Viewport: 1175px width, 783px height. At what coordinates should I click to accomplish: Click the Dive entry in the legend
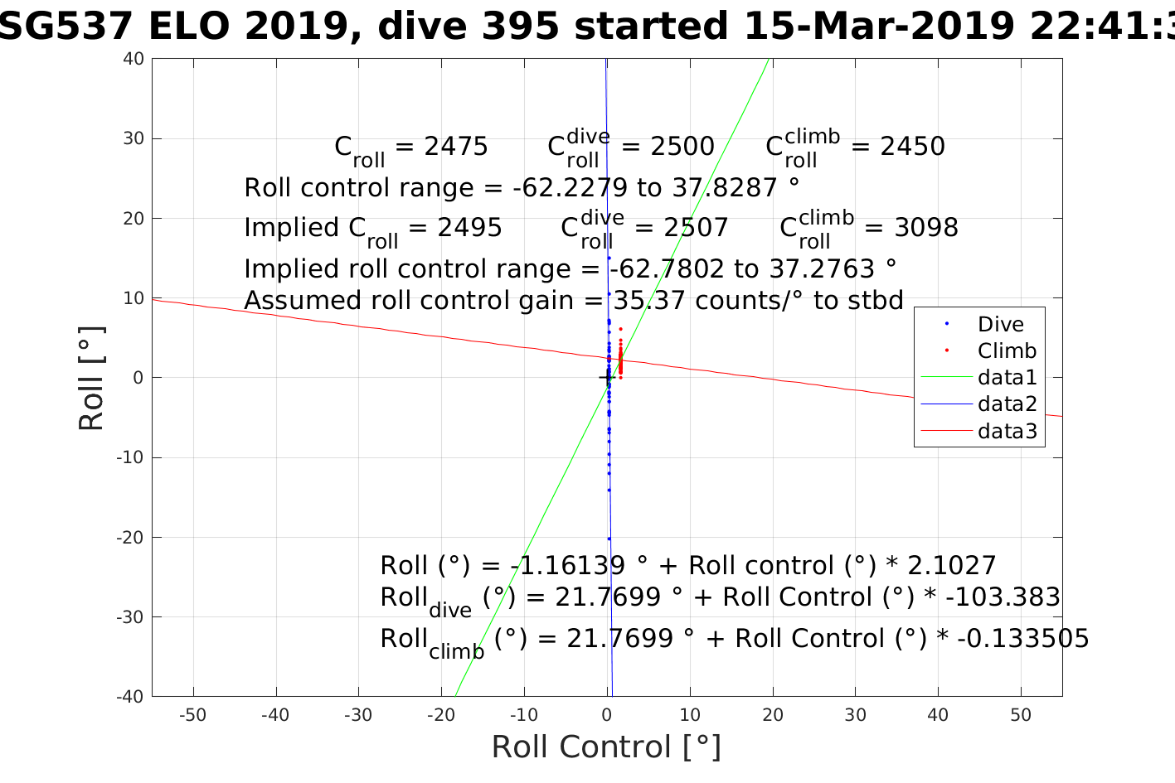pos(1000,324)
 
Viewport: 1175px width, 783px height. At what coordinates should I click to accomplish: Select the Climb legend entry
pos(1007,350)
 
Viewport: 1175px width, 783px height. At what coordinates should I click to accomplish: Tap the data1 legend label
pos(1007,378)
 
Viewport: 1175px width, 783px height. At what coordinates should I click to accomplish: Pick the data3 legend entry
pos(1007,431)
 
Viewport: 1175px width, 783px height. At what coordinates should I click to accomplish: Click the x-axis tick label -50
pos(192,715)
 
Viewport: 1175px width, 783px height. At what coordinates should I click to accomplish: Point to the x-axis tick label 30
pos(855,715)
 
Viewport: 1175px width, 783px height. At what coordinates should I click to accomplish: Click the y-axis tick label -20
pos(129,537)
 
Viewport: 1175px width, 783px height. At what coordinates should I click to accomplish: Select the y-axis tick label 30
pos(134,138)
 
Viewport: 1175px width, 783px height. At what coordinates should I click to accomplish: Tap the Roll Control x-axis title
pos(606,747)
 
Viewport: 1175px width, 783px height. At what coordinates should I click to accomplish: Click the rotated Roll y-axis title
pos(91,379)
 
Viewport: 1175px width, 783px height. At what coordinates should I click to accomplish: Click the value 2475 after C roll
pos(456,147)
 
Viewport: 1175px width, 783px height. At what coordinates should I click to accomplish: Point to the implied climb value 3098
pos(926,228)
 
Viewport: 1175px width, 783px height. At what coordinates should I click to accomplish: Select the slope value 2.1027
pos(952,566)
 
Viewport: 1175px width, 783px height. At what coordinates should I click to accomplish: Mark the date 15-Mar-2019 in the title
pos(878,27)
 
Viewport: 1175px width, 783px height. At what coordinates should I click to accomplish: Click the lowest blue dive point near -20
pos(609,539)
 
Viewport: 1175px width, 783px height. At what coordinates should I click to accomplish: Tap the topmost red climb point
pos(620,329)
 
